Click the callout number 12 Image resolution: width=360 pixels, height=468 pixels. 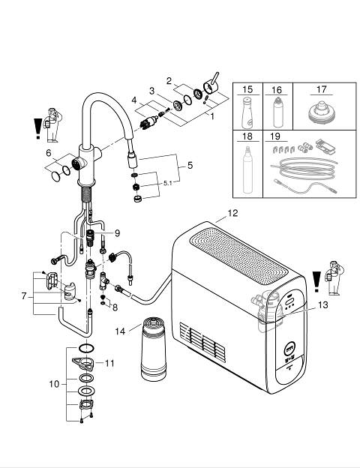pos(232,213)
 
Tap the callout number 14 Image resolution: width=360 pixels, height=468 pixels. pos(120,331)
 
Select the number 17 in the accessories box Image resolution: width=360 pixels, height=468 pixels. pos(321,89)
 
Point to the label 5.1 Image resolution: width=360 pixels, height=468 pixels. pos(168,183)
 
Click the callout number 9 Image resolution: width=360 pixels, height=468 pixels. pos(117,233)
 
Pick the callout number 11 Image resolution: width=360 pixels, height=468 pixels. pos(109,363)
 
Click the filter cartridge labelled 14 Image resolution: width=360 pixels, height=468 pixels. pos(153,349)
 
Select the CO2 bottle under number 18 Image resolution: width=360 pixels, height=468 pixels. pos(247,169)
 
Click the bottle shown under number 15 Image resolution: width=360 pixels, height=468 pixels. pos(247,112)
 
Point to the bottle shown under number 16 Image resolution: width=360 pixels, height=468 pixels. pos(277,112)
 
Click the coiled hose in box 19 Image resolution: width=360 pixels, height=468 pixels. pos(304,169)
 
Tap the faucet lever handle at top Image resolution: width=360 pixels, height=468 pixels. pos(211,83)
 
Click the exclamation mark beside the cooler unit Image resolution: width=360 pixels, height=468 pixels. pos(316,281)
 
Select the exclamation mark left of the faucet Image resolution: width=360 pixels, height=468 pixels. pos(38,129)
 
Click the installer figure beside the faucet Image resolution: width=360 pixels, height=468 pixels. pos(53,125)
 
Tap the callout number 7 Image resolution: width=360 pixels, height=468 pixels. pos(24,296)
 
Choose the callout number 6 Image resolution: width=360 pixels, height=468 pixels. pos(49,153)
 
